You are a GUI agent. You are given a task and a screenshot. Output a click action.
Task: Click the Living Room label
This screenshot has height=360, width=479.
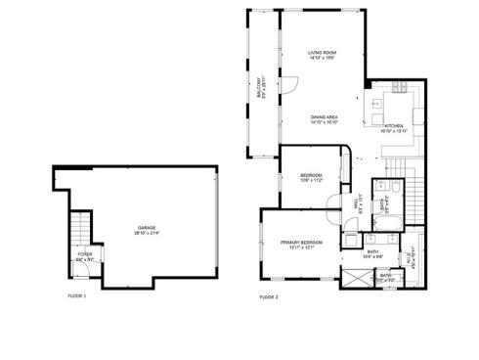tap(323, 52)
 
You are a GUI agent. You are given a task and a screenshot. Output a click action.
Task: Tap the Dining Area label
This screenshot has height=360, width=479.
tap(325, 116)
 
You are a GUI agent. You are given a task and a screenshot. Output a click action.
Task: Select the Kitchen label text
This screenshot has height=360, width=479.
tap(393, 126)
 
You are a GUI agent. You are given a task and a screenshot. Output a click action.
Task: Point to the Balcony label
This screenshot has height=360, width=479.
tap(260, 86)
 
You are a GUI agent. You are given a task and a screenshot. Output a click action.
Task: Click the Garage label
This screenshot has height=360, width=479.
tap(147, 228)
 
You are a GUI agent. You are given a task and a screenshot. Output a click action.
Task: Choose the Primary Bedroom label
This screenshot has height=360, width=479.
tap(302, 242)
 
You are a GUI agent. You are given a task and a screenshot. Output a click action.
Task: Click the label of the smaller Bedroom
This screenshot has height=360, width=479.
tap(312, 175)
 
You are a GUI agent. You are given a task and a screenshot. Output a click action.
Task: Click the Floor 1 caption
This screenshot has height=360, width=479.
tap(76, 295)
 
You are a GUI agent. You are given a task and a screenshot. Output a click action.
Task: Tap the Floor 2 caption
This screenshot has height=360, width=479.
tap(269, 295)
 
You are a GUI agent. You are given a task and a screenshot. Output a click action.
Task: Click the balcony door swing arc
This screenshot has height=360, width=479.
tap(289, 85)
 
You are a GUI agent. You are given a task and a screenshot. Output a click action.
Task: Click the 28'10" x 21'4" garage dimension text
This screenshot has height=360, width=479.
tap(147, 233)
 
